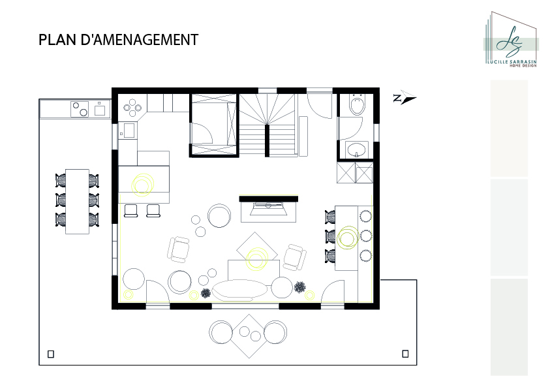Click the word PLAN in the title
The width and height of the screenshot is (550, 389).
click(x=57, y=40)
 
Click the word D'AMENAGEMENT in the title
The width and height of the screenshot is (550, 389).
click(x=140, y=40)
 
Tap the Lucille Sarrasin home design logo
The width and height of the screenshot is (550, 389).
click(x=511, y=39)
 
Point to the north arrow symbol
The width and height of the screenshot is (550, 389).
click(x=405, y=97)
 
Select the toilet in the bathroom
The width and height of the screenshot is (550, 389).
click(x=358, y=104)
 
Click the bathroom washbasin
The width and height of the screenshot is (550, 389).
click(x=357, y=149)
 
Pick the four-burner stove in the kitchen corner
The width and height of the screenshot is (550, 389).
click(x=132, y=108)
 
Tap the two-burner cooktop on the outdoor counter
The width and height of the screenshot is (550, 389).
click(x=80, y=109)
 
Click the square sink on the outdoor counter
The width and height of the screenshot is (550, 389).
click(x=100, y=109)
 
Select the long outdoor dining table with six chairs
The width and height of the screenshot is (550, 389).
click(x=77, y=201)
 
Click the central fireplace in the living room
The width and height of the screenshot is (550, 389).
click(x=268, y=208)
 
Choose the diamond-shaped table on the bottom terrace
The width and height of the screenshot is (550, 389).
click(x=249, y=336)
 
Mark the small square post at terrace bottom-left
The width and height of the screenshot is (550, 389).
click(x=51, y=354)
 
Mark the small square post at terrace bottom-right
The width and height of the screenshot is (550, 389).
click(x=405, y=354)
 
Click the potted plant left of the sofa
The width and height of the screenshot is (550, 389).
click(x=206, y=293)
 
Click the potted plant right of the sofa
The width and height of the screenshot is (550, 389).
click(x=300, y=287)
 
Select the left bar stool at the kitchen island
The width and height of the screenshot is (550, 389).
click(x=131, y=210)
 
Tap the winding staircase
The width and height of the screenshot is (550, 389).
click(x=267, y=125)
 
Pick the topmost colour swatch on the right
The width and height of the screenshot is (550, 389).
click(x=509, y=129)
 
